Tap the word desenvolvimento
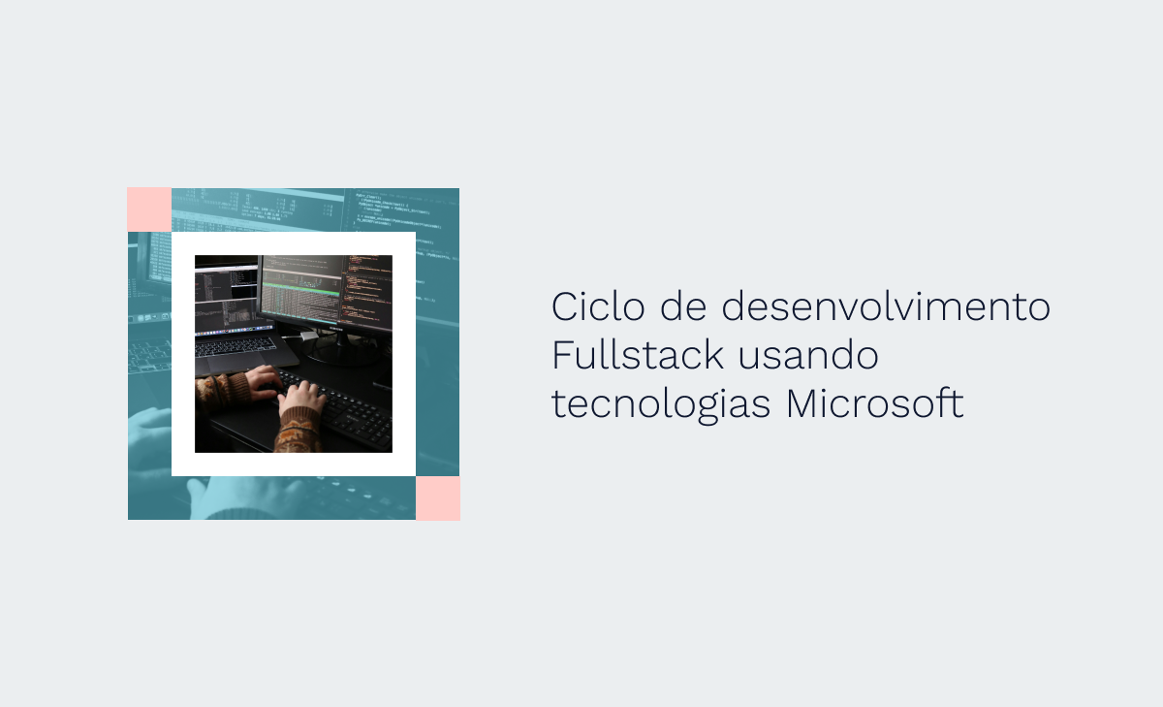click(x=886, y=306)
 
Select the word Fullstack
click(x=638, y=355)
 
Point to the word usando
click(x=807, y=355)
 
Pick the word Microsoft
click(x=874, y=403)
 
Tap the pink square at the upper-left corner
click(x=149, y=209)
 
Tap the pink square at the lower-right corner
click(x=438, y=498)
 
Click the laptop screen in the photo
click(x=226, y=299)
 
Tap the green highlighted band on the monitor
click(x=301, y=290)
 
